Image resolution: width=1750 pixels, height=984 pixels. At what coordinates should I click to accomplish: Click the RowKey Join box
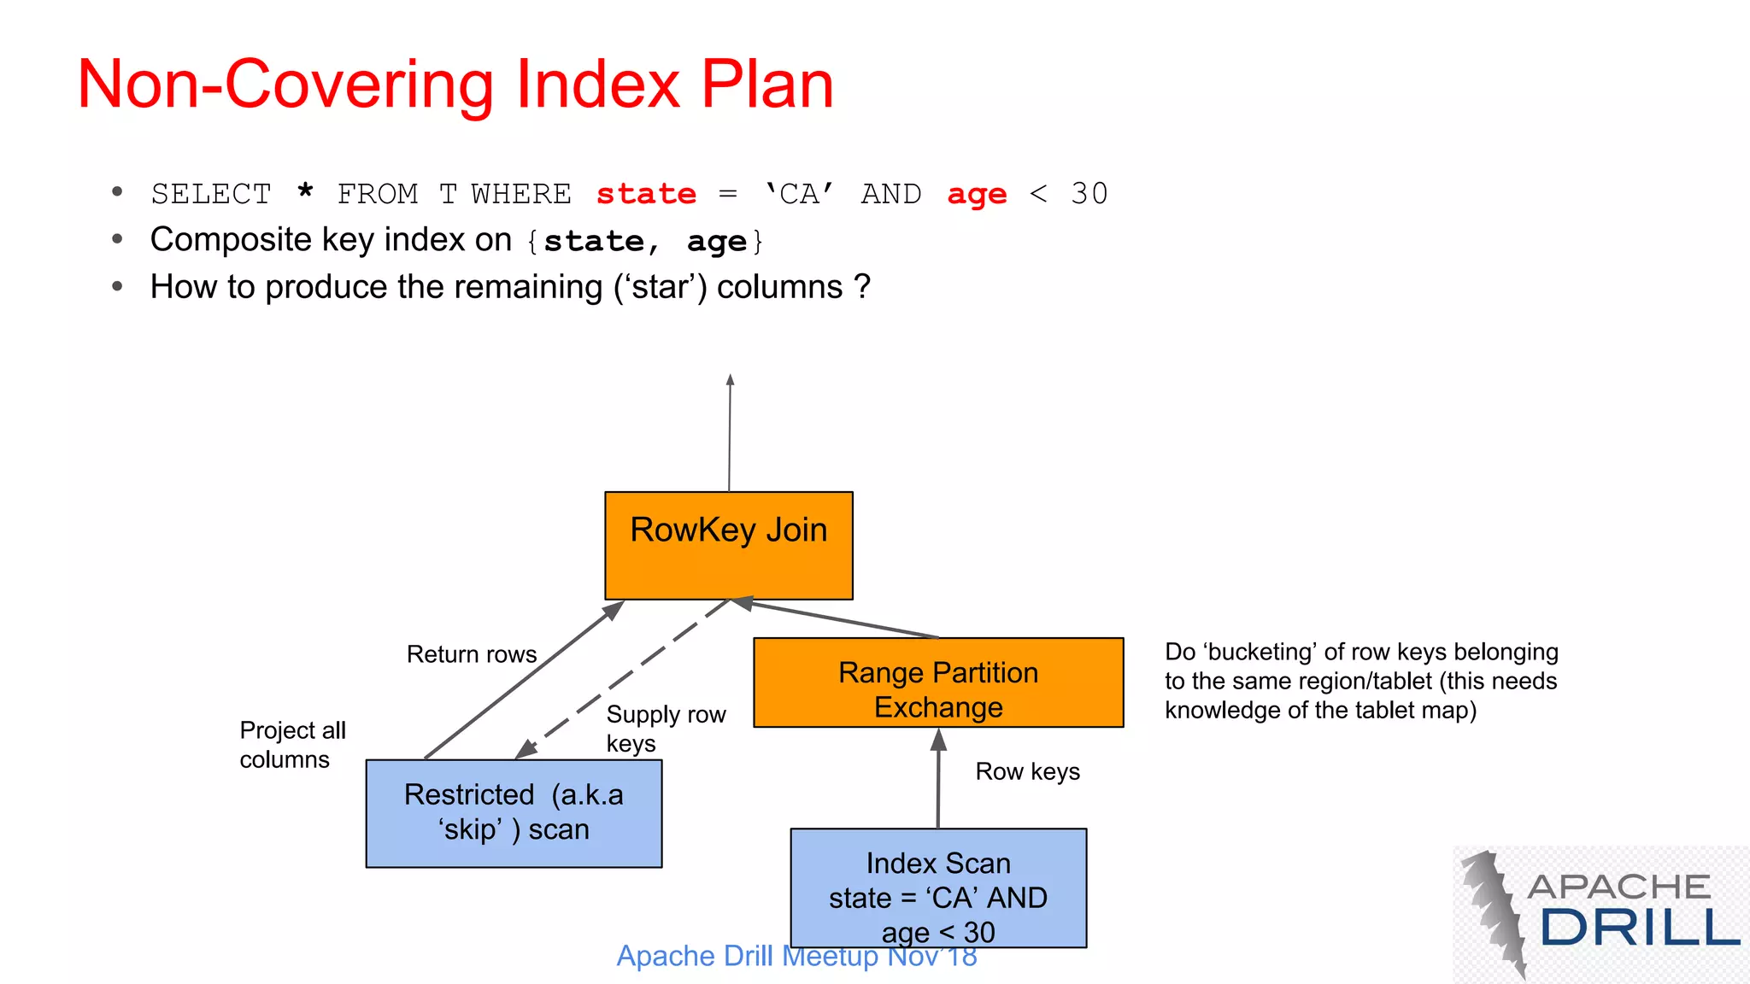[x=728, y=545]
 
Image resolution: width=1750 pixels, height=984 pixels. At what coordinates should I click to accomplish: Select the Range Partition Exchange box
[x=938, y=682]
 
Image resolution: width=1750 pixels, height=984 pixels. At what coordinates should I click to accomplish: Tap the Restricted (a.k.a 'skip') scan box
[x=514, y=813]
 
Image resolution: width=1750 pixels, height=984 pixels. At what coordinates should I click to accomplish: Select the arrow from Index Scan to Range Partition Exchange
[x=938, y=777]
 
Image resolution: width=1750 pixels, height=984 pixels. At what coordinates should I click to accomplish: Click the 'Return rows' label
[x=472, y=654]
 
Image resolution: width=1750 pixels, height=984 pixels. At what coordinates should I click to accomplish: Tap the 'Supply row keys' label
[x=666, y=729]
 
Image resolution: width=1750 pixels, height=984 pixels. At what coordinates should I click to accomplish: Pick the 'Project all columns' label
[x=292, y=745]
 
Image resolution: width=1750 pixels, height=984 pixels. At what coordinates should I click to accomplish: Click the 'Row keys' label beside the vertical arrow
[x=1027, y=771]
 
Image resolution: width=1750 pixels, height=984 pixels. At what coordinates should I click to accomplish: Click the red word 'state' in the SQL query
[x=646, y=194]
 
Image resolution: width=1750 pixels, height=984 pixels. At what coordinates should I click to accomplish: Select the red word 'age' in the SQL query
[x=977, y=195]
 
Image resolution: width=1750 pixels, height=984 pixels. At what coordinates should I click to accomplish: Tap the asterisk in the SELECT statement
[x=305, y=191]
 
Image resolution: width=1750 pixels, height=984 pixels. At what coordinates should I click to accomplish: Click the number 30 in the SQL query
[x=1089, y=194]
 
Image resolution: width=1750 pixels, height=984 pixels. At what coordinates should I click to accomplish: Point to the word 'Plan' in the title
[x=766, y=85]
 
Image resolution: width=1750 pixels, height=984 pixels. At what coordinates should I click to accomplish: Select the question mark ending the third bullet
[x=862, y=287]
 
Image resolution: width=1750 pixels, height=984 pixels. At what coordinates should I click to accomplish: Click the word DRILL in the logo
[x=1640, y=928]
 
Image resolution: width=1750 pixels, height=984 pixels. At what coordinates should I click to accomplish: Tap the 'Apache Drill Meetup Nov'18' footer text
[x=796, y=956]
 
